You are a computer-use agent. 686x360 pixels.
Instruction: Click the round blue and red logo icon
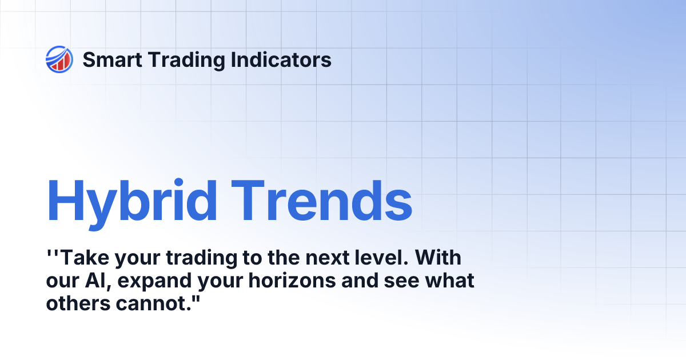(59, 59)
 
